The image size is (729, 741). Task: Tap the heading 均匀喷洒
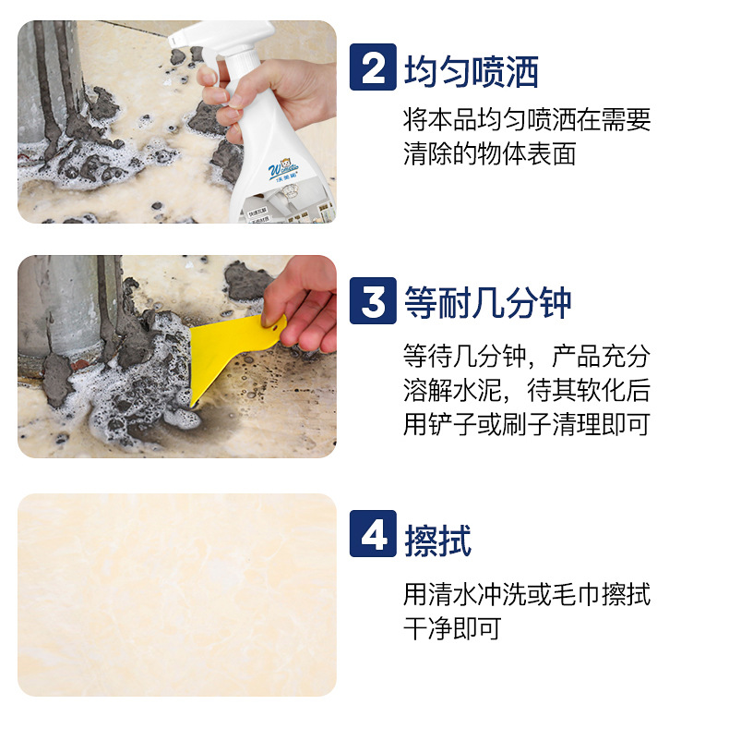(472, 69)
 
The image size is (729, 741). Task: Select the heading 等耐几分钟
(488, 302)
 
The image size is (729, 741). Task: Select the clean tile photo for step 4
(177, 594)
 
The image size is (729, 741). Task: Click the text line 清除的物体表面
(489, 153)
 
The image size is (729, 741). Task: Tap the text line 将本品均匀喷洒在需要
(527, 119)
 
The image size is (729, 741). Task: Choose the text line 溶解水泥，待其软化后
(527, 389)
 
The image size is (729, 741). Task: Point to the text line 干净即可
(452, 629)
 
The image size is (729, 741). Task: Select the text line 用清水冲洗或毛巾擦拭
(527, 594)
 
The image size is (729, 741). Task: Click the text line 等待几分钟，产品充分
(527, 355)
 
